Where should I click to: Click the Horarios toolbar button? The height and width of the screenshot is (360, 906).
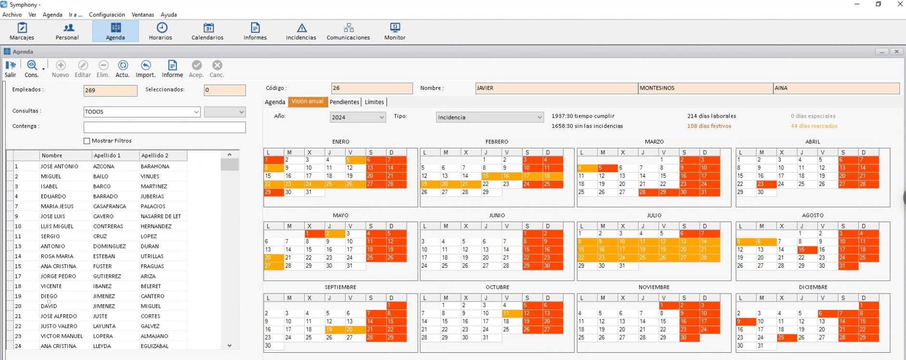point(161,31)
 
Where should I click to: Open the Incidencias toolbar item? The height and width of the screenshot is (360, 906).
point(301,31)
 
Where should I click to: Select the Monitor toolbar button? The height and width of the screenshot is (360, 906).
point(395,31)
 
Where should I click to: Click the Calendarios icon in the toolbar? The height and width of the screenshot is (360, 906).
point(208,28)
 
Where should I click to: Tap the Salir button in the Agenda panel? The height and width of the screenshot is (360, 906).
point(11,69)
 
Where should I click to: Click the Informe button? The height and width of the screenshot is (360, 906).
point(172,69)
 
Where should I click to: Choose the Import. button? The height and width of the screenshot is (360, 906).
point(146,69)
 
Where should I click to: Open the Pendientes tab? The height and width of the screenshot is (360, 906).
point(344,102)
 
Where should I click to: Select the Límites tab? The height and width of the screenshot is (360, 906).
point(374,102)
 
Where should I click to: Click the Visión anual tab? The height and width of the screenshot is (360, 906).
point(307,101)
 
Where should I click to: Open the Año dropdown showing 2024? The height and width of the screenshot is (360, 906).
point(358,117)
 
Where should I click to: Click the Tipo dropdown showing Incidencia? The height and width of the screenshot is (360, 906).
point(490,117)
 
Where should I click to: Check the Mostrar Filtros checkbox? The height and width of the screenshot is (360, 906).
point(87,141)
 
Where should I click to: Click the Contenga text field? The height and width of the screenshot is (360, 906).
point(164,127)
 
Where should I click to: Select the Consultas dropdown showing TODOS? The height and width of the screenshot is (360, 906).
point(142,112)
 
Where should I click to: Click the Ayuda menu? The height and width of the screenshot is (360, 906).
point(169,14)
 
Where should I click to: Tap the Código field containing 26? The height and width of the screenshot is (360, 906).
point(372,88)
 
